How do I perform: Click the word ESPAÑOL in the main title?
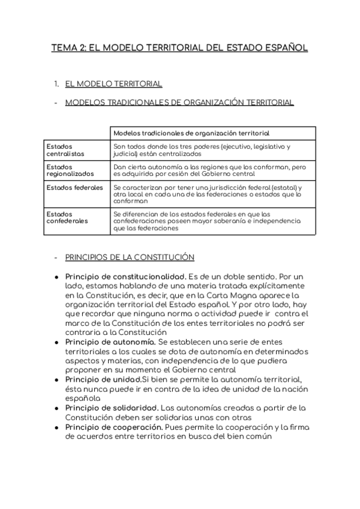click(x=283, y=47)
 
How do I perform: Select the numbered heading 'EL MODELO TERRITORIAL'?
click(x=113, y=83)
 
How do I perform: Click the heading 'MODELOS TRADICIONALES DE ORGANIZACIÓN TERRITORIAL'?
click(x=179, y=103)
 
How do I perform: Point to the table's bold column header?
click(x=191, y=133)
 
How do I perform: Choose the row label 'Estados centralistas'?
click(x=65, y=150)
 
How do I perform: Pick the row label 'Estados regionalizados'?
click(x=70, y=170)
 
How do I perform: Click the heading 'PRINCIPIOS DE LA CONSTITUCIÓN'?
click(x=130, y=258)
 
